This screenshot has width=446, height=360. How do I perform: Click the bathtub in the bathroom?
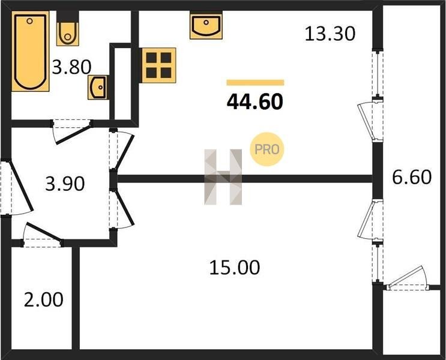tap(31, 51)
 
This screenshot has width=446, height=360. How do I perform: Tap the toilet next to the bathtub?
tap(67, 28)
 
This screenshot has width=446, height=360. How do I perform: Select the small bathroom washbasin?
tap(98, 87)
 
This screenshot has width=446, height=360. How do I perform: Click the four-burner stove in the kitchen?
tap(158, 65)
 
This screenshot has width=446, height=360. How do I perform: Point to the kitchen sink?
tap(206, 25)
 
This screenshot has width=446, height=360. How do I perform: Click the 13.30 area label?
tap(330, 34)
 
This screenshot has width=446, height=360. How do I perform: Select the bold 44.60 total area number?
tap(255, 102)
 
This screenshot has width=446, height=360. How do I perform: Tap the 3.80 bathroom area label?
tap(71, 67)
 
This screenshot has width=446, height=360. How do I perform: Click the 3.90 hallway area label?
tap(65, 184)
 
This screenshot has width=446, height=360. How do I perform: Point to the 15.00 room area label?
tap(234, 268)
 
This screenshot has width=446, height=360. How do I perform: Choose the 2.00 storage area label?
tap(43, 300)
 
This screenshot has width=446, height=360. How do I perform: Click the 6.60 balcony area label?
tap(412, 177)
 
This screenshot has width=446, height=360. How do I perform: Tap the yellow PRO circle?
tap(267, 149)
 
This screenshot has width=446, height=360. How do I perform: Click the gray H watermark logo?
tap(223, 177)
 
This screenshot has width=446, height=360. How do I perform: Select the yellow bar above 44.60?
tap(256, 83)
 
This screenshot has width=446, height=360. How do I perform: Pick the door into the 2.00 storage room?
tap(43, 234)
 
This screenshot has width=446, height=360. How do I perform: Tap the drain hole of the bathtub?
tap(29, 21)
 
